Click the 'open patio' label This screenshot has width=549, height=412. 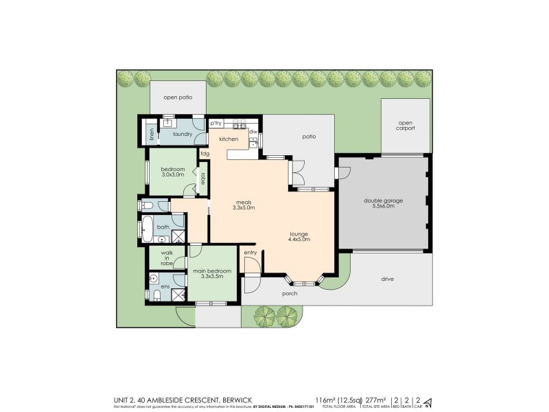coord(177,98)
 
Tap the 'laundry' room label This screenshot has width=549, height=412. coord(183,134)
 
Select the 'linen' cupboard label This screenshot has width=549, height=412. coord(152,133)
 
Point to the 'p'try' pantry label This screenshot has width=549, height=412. coord(216,124)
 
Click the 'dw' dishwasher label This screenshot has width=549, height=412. coord(253,131)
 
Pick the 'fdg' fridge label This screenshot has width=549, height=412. coord(205,153)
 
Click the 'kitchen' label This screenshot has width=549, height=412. coord(229,139)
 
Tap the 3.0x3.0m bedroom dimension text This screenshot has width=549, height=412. coord(172,174)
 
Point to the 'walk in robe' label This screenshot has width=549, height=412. coord(167,257)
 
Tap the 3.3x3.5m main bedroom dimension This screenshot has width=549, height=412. coord(211,276)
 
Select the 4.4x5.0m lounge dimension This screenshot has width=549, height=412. coord(300,240)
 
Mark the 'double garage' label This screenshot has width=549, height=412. coord(383,201)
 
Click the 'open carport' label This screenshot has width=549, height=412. coord(405,126)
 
